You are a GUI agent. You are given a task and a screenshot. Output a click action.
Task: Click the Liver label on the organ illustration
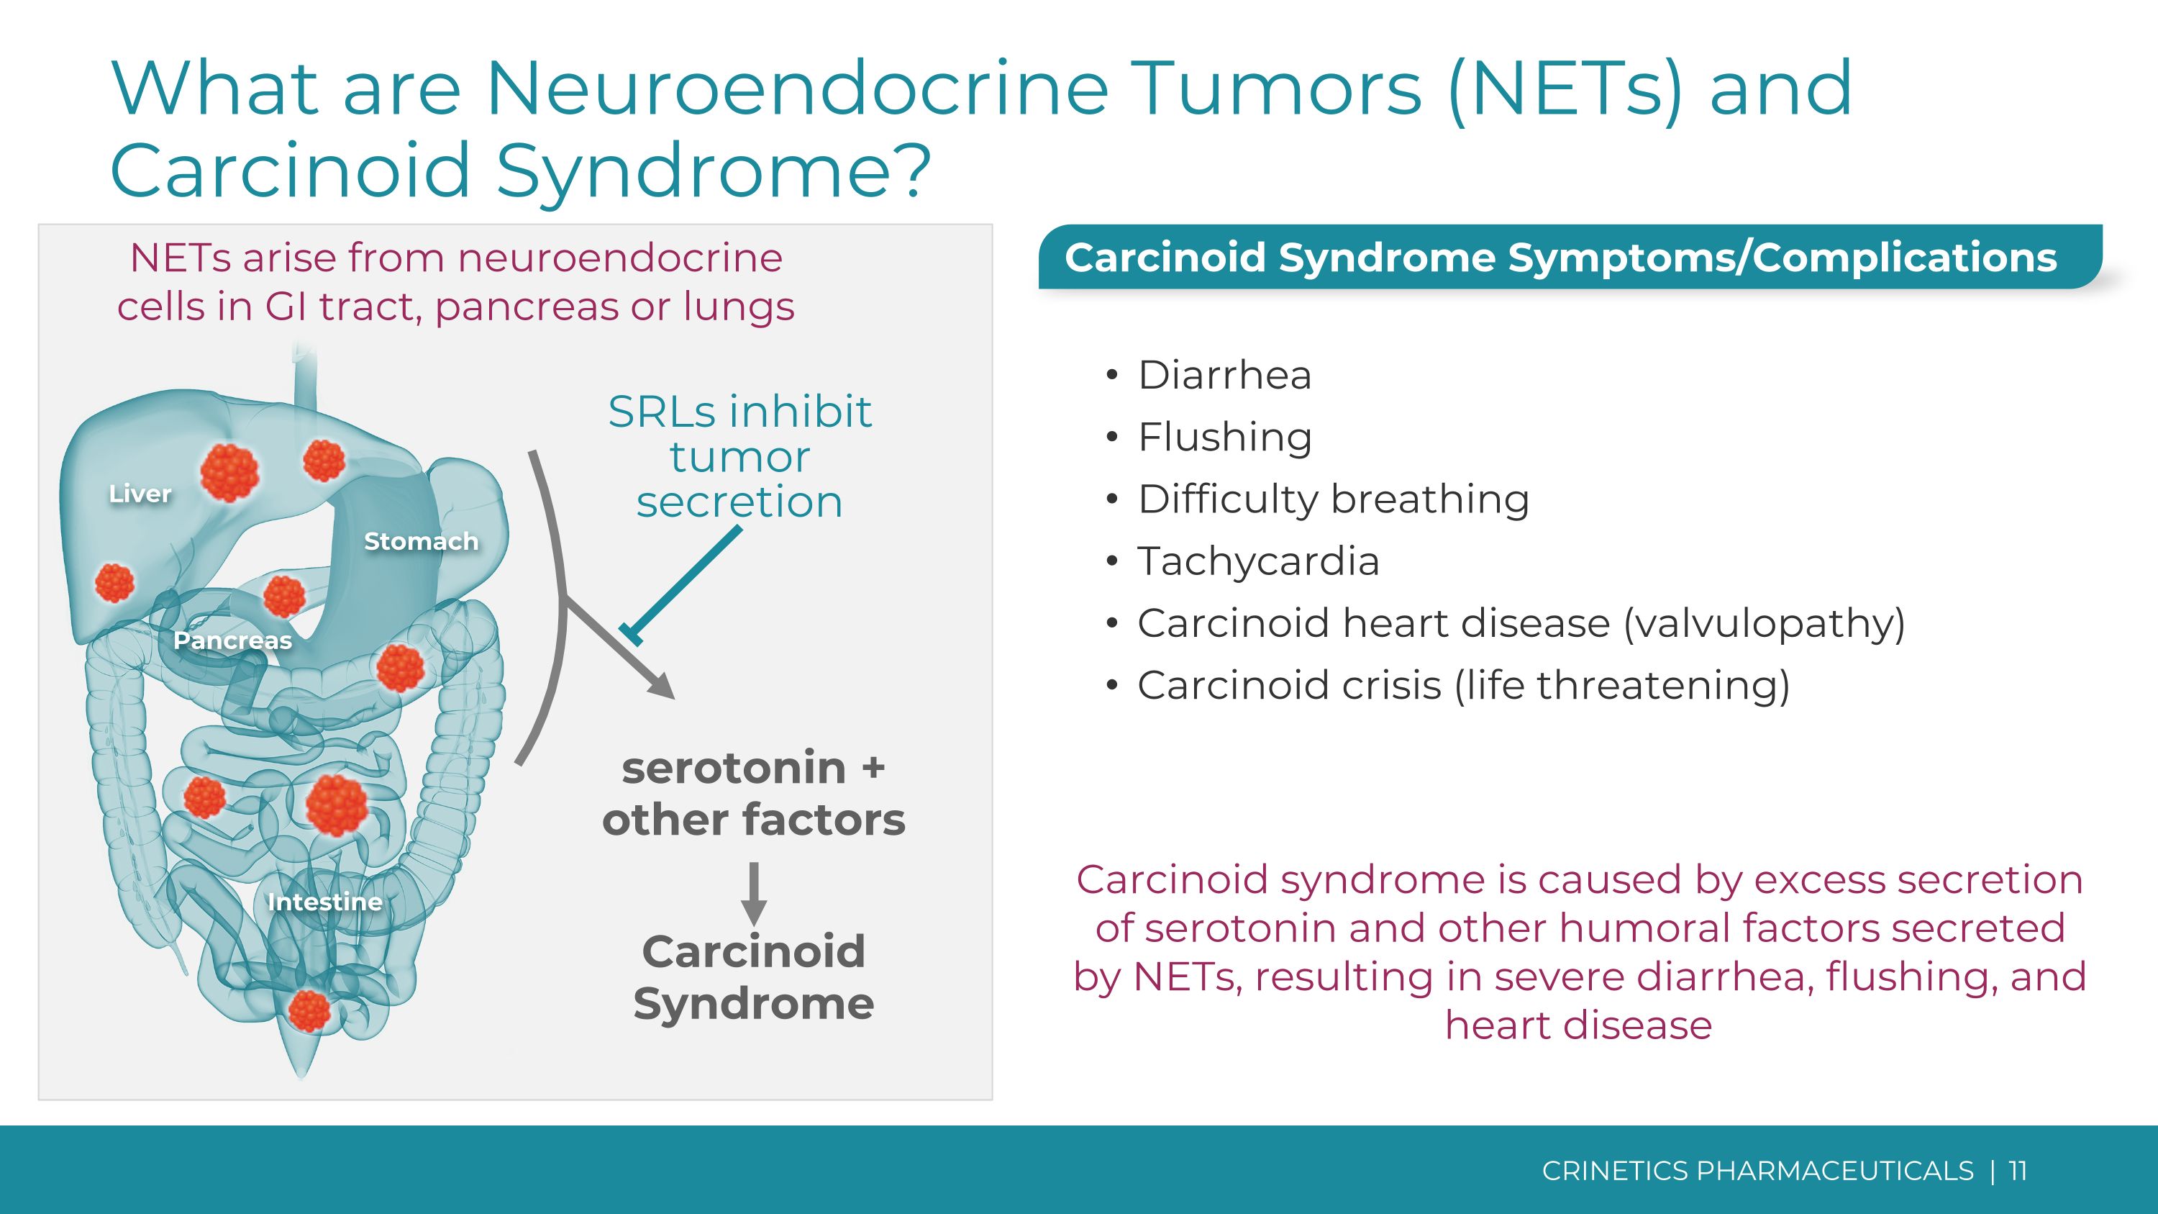(140, 494)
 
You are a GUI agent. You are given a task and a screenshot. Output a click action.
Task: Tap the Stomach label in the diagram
(421, 541)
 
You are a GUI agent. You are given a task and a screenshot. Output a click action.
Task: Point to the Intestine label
(324, 902)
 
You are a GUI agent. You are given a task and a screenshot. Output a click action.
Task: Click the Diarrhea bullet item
(1224, 374)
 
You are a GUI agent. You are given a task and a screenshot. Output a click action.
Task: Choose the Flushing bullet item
(1224, 438)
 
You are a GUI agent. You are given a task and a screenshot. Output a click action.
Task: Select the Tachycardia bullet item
(1257, 561)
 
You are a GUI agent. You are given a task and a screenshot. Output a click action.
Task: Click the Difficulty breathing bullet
(1333, 499)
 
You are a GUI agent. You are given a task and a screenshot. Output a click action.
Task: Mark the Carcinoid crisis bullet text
(1462, 685)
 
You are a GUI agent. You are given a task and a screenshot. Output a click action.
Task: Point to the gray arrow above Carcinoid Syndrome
(754, 892)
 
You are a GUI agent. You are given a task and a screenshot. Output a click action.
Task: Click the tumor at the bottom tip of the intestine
(309, 1010)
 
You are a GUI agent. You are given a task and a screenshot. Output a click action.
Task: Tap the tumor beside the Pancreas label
(284, 596)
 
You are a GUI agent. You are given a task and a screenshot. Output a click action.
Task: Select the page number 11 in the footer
(2017, 1170)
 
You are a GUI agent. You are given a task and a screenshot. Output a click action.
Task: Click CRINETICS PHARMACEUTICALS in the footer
(1757, 1170)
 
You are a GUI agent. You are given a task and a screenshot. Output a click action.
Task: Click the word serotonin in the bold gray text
(733, 769)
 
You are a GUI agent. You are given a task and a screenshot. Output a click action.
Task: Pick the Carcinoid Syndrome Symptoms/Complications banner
(1560, 257)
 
